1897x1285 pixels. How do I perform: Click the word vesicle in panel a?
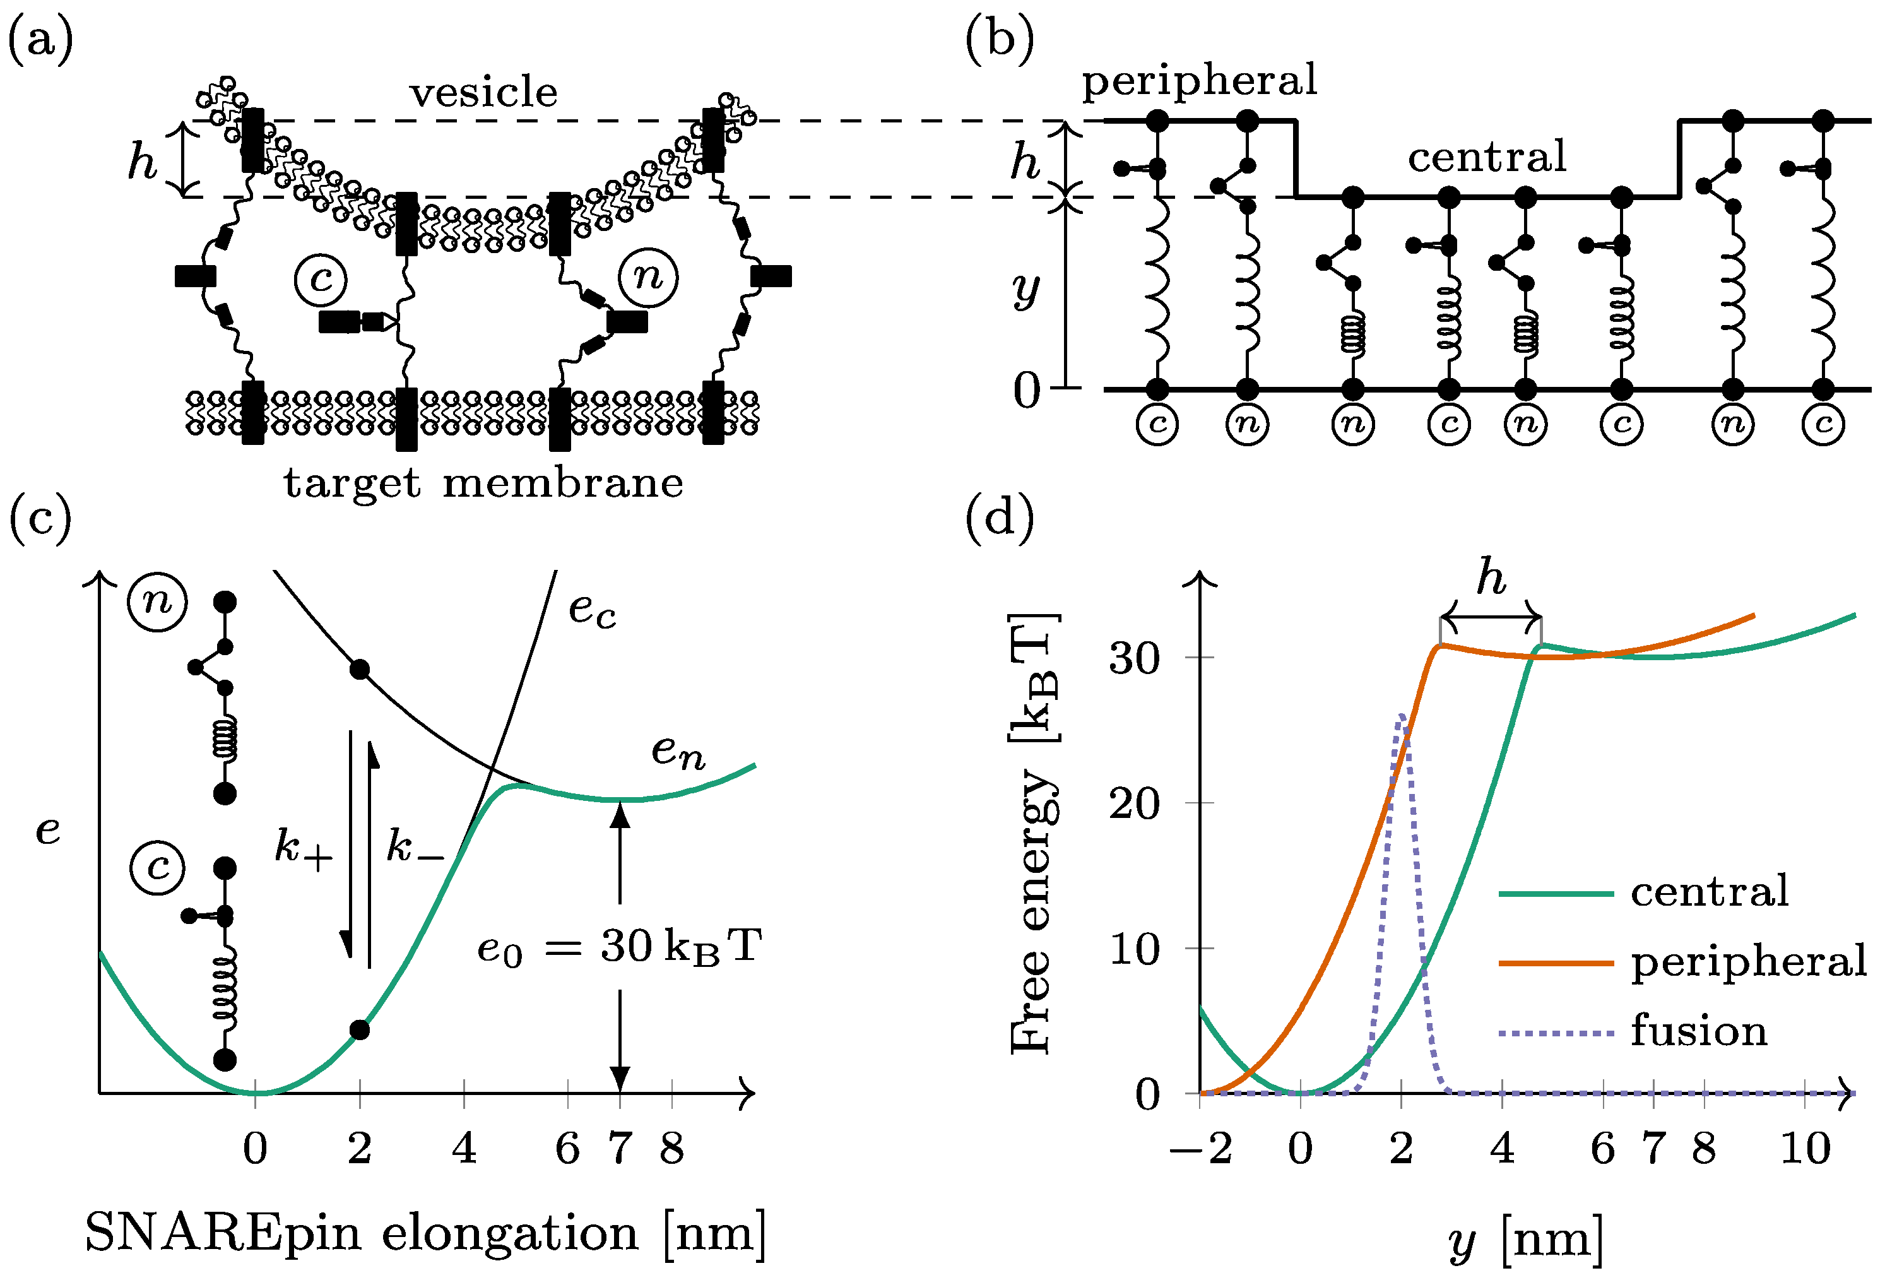pos(483,92)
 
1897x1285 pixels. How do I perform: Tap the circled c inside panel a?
pos(321,278)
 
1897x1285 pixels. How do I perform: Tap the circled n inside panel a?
pos(647,277)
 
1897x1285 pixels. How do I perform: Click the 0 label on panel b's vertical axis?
pos(1026,390)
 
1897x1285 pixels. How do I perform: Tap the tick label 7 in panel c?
pos(620,1149)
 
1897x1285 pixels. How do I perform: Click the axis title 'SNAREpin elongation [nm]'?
pos(425,1233)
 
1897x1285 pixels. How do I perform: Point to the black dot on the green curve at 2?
pos(359,1030)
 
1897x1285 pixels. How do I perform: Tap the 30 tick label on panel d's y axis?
pos(1134,657)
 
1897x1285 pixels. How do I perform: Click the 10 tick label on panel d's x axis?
pos(1805,1149)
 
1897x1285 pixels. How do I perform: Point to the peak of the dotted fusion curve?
pos(1402,716)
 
